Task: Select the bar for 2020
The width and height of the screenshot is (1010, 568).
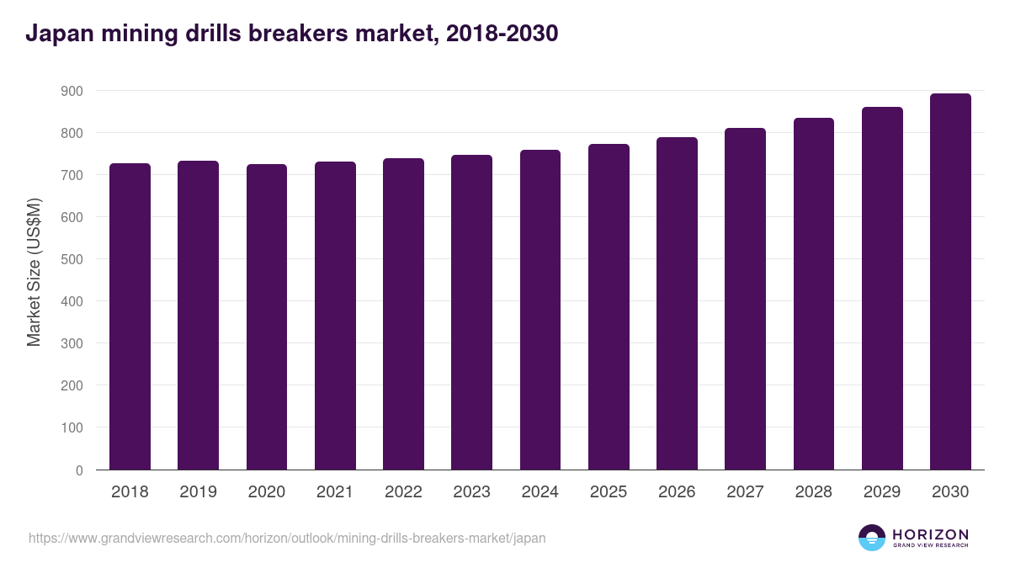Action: point(267,317)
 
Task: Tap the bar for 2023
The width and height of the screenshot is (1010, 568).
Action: point(471,312)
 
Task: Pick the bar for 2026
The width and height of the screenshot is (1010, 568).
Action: point(677,304)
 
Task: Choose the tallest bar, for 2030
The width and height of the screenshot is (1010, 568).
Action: point(950,282)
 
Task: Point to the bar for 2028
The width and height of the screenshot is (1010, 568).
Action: point(813,294)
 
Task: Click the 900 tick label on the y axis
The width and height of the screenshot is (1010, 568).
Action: point(72,91)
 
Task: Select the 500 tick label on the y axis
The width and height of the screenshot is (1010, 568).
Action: point(72,259)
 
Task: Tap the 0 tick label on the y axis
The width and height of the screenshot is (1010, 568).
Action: point(79,470)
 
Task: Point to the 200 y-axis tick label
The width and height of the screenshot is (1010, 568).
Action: point(72,386)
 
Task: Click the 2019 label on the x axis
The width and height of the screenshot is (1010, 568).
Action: point(198,492)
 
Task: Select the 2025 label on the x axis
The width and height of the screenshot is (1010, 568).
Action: point(608,492)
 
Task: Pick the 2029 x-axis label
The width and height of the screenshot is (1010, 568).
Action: point(881,492)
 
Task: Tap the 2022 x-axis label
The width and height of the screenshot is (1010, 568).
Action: point(403,492)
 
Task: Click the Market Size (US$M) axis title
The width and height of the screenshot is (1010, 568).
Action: point(34,272)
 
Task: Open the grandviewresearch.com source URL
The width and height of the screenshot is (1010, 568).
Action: point(287,538)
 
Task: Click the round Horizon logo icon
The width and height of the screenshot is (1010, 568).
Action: point(872,538)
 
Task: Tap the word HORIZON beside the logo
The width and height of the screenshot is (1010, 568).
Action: point(930,534)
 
